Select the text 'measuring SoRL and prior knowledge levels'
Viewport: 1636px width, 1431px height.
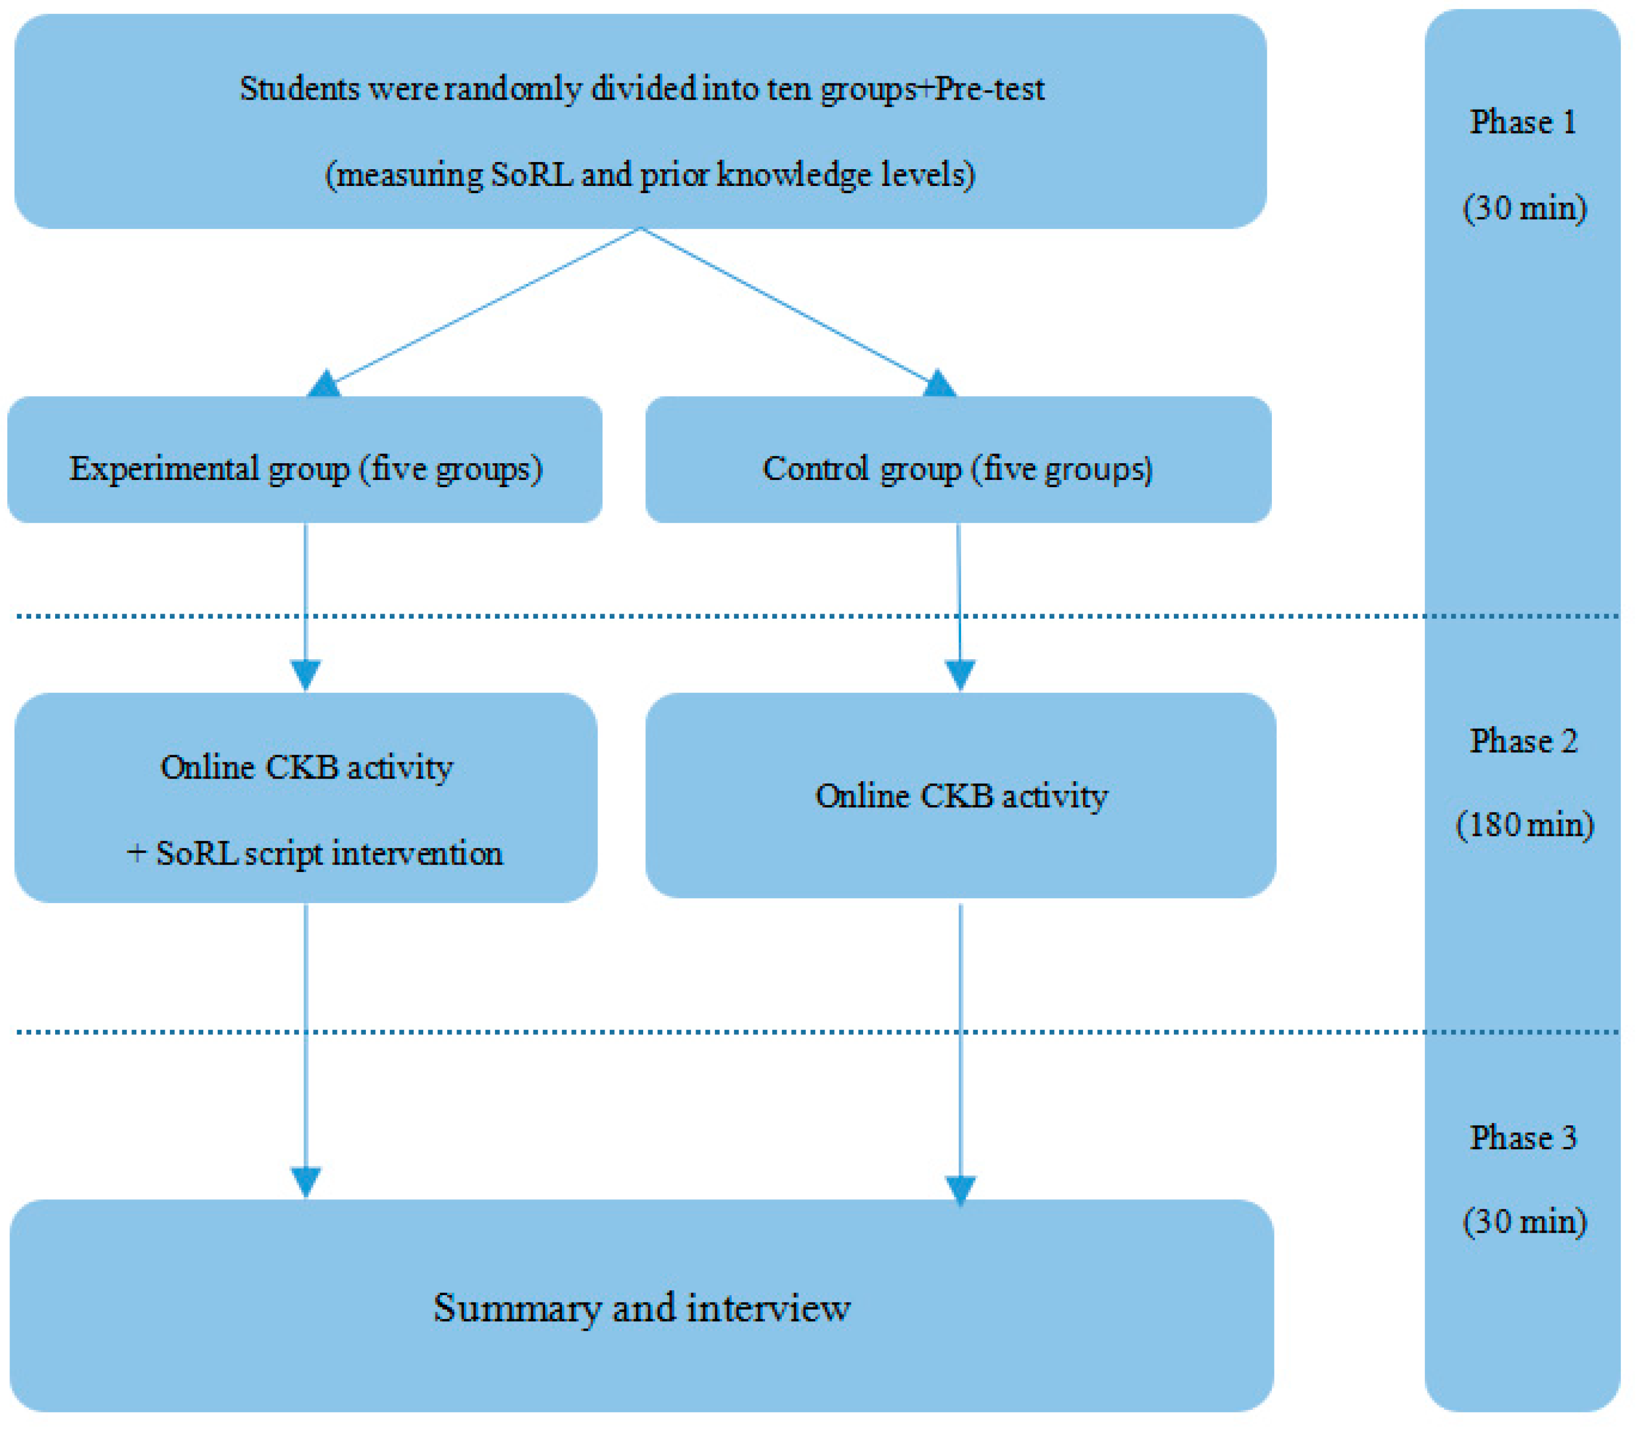point(649,175)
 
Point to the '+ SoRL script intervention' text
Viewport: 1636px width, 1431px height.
point(315,854)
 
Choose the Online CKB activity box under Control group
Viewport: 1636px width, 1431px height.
point(961,795)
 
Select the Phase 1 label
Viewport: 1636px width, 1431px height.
point(1522,122)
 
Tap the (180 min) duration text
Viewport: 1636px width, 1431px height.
point(1524,824)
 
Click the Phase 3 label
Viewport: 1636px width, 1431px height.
point(1522,1137)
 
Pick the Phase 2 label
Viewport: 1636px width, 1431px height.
point(1522,741)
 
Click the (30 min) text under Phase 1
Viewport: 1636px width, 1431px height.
point(1524,208)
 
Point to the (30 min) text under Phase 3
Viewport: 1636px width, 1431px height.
point(1524,1221)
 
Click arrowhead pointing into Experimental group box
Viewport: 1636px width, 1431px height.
point(324,385)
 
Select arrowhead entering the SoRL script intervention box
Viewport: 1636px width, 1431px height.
point(306,675)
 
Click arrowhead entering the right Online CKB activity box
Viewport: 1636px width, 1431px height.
point(960,675)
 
